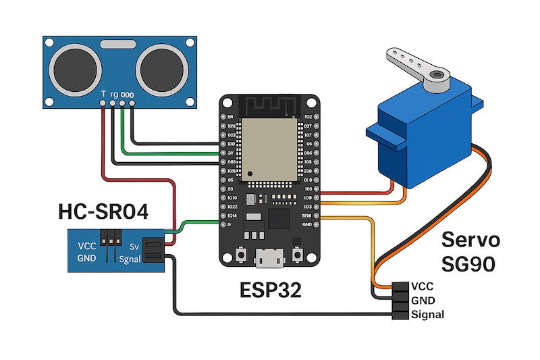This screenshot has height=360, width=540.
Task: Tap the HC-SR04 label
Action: click(x=102, y=212)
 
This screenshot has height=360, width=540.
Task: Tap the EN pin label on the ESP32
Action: click(x=230, y=117)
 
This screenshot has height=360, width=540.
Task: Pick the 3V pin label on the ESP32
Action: click(x=230, y=153)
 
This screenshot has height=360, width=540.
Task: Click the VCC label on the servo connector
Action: click(x=423, y=286)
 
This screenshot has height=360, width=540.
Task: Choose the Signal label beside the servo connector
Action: click(x=428, y=315)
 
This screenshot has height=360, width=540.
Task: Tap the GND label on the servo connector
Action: click(x=423, y=301)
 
